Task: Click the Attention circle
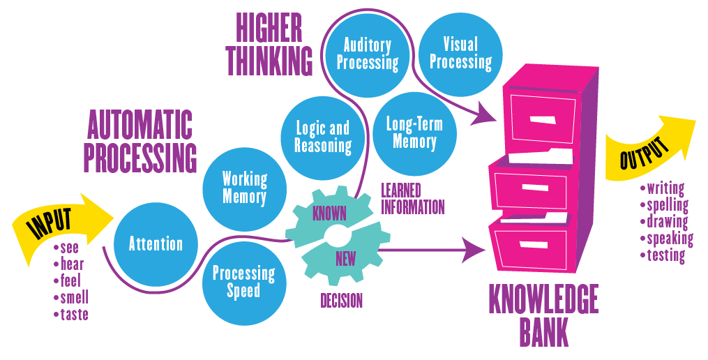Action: [x=156, y=244]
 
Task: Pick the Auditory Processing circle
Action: [x=367, y=54]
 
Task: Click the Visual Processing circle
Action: [x=460, y=54]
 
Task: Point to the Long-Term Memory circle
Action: [x=414, y=133]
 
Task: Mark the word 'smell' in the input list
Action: [x=74, y=298]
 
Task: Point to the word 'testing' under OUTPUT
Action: [x=665, y=255]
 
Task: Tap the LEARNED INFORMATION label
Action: [x=412, y=199]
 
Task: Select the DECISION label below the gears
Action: [x=341, y=301]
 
